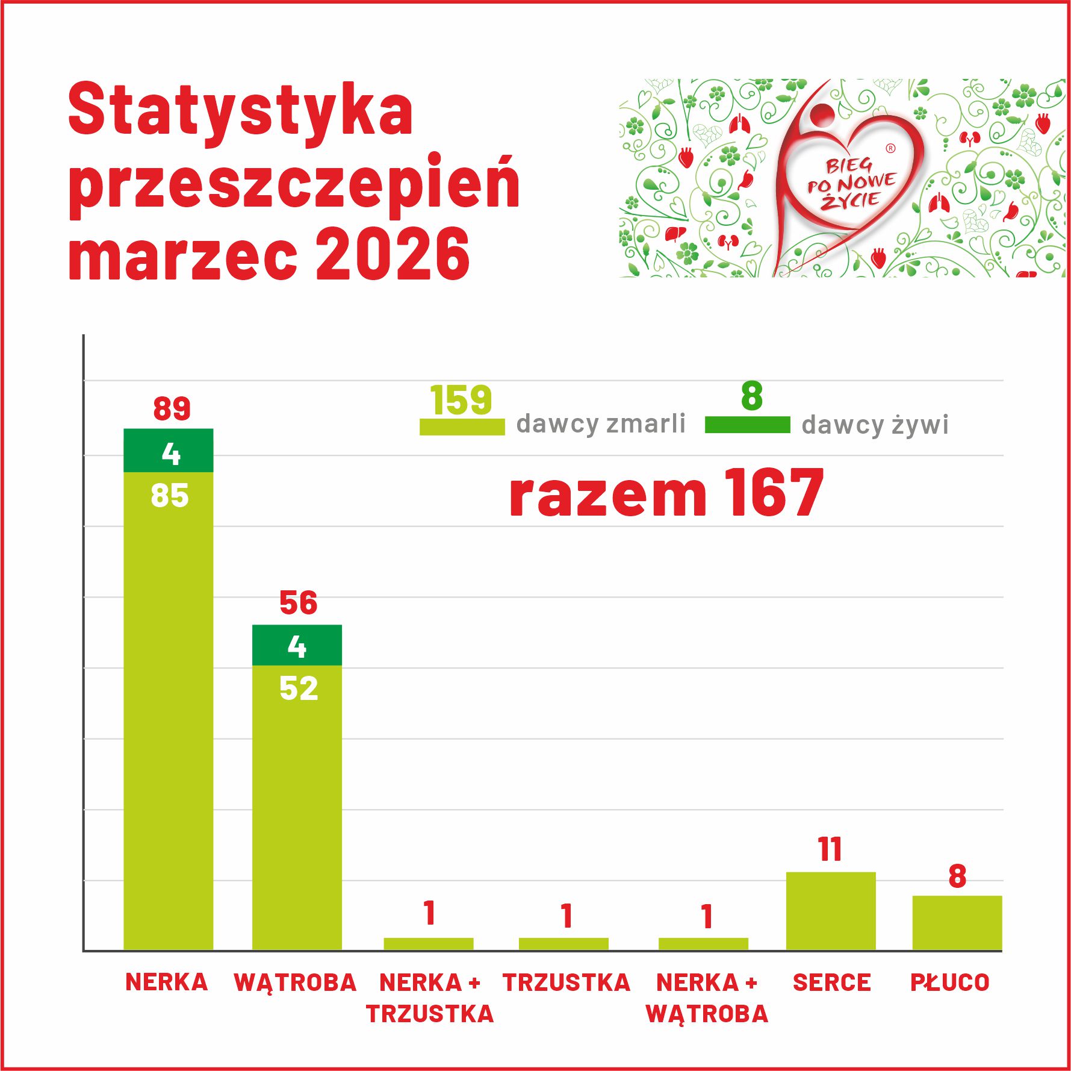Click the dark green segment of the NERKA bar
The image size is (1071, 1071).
pyautogui.click(x=169, y=450)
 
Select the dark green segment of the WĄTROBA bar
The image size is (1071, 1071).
pyautogui.click(x=297, y=645)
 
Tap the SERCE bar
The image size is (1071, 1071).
pyautogui.click(x=831, y=911)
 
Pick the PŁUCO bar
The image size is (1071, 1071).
pyautogui.click(x=957, y=923)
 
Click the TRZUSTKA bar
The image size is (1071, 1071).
pyautogui.click(x=563, y=944)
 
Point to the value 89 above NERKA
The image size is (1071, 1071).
pyautogui.click(x=172, y=408)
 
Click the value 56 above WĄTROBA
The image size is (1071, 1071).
pyautogui.click(x=298, y=603)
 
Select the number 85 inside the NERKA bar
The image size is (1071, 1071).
pyautogui.click(x=170, y=496)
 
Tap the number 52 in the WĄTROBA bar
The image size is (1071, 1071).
pyautogui.click(x=299, y=688)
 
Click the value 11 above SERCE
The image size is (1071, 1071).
pyautogui.click(x=830, y=850)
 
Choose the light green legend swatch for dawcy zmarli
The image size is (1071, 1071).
pyautogui.click(x=462, y=426)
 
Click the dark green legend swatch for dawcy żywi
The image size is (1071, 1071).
pyautogui.click(x=747, y=425)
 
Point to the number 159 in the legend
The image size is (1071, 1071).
pyautogui.click(x=461, y=400)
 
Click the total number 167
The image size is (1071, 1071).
pyautogui.click(x=774, y=493)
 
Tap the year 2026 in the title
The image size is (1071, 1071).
pyautogui.click(x=392, y=255)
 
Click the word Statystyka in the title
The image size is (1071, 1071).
pyautogui.click(x=241, y=110)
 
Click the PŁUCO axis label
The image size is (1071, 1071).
pyautogui.click(x=949, y=982)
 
